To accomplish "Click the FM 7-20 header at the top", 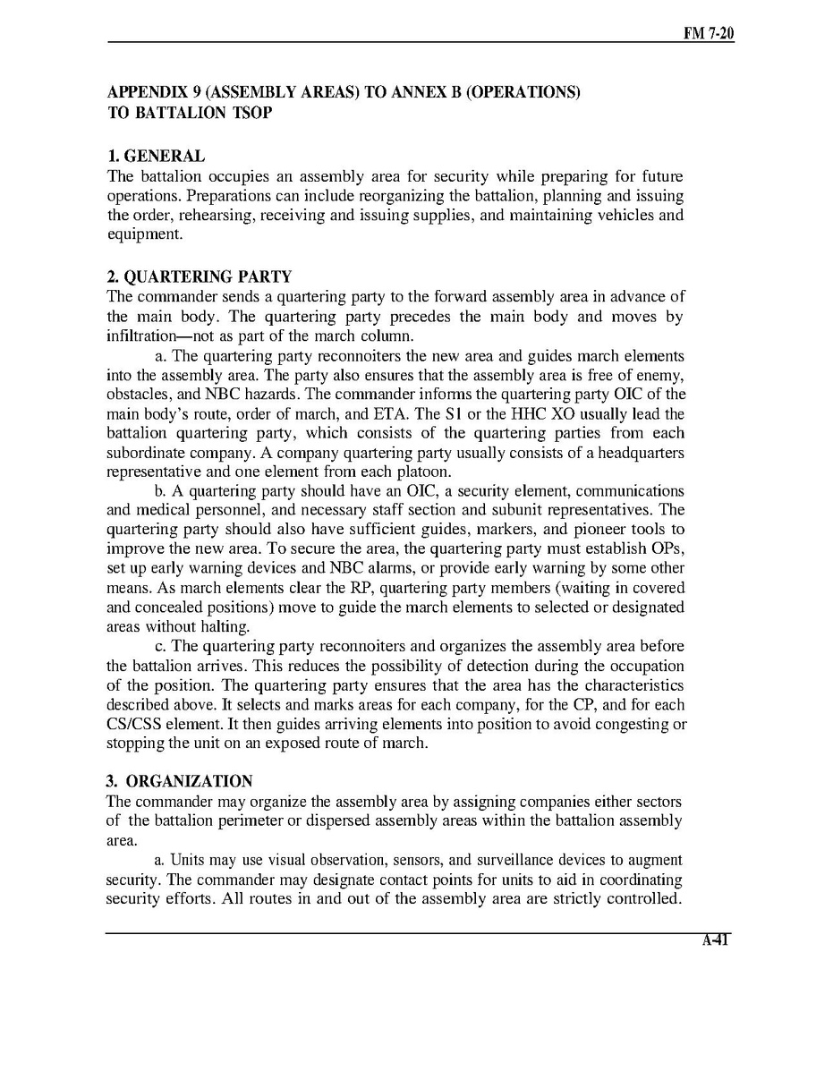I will (709, 33).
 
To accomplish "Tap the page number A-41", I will (716, 940).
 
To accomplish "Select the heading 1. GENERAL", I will (156, 157).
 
